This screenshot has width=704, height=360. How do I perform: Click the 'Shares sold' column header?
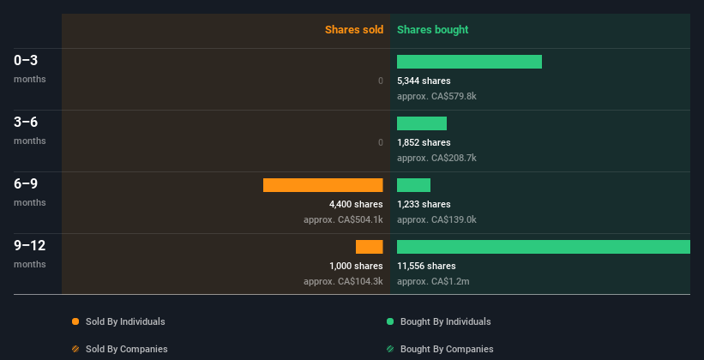353,30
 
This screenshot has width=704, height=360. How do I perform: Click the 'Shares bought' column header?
432,30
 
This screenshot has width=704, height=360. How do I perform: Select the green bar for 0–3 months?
469,62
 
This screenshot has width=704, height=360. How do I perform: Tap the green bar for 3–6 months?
422,123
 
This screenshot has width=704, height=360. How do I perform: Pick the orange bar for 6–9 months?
322,185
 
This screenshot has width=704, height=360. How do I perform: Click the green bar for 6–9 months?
413,185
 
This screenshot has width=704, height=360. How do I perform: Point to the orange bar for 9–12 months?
370,247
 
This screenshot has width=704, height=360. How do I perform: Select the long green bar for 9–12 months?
544,247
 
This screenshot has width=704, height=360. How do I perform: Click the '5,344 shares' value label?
424,81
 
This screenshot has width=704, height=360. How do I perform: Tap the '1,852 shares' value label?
424,142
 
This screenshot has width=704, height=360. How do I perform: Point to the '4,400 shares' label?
356,204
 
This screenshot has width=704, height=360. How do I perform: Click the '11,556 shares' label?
426,266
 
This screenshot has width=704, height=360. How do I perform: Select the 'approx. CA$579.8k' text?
436,96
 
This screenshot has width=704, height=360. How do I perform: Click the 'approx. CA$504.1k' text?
343,219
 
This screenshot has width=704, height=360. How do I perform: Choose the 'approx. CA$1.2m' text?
433,281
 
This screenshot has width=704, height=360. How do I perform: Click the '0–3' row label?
26,61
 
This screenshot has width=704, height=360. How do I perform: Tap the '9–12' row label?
29,246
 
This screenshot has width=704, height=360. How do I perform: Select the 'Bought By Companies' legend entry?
447,349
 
